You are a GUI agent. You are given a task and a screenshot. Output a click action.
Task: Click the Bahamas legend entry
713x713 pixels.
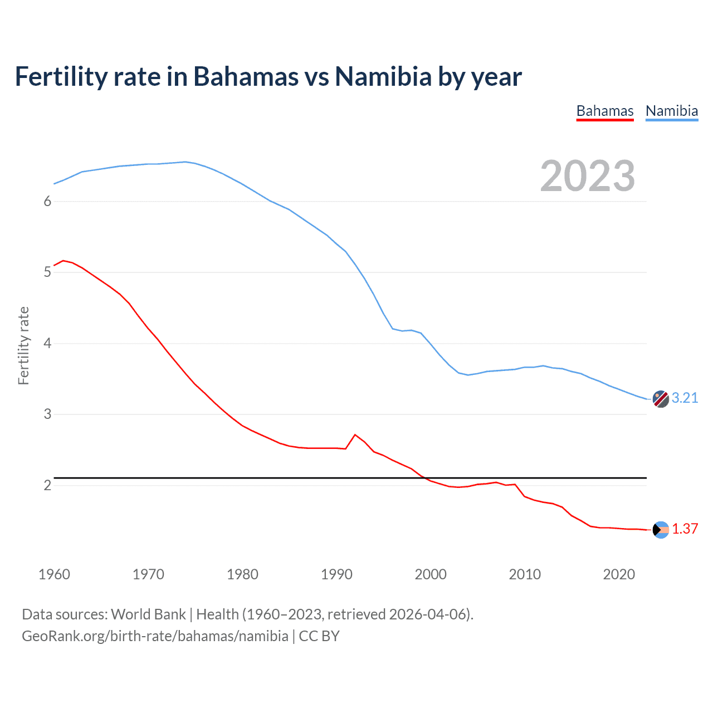coord(605,111)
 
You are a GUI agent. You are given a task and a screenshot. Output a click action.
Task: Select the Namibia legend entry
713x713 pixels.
coord(672,111)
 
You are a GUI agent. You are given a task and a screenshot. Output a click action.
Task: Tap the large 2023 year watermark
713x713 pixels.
coord(588,176)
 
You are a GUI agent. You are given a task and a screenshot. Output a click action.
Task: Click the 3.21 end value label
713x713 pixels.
coord(685,398)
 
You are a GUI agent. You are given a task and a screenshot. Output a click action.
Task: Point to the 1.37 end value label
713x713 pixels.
coord(685,529)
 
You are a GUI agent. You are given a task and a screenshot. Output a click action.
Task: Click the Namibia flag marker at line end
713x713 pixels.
coord(661,399)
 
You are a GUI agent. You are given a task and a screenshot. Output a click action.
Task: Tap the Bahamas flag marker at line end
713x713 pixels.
coord(661,530)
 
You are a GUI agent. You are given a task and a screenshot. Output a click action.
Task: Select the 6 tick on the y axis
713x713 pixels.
coord(47,201)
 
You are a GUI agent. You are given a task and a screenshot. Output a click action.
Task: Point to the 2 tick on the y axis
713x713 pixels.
coord(47,485)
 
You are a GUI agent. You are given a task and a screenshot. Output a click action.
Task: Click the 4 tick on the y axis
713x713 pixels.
coord(47,343)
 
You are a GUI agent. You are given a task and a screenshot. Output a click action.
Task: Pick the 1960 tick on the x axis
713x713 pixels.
coord(54,574)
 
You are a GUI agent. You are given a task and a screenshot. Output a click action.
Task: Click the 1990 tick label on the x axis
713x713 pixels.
coord(336,574)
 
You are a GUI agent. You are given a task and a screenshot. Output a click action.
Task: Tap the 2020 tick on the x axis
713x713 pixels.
coord(619,574)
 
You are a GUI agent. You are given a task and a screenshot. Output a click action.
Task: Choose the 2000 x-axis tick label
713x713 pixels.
coord(431,574)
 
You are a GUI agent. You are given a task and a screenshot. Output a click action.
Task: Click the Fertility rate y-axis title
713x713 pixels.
coord(23,345)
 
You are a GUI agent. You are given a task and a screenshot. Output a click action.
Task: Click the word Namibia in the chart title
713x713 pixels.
coord(383,77)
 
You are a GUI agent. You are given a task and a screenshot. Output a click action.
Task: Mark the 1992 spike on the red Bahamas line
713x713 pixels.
coord(355,434)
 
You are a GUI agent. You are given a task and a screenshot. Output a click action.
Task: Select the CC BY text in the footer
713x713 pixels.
coord(319,636)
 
